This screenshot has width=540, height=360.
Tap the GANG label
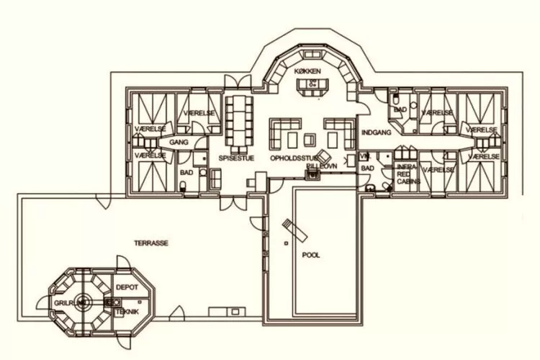(179, 143)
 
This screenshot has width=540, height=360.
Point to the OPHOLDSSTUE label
(293, 157)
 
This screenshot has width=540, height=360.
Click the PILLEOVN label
(321, 166)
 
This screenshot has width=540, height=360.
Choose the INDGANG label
(376, 133)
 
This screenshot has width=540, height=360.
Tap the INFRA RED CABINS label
(406, 174)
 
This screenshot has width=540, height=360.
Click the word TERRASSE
(151, 243)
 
